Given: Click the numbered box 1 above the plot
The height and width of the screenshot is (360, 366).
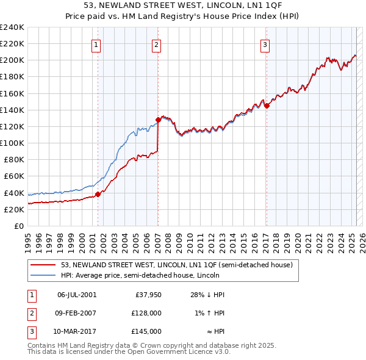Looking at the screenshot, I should (97, 44).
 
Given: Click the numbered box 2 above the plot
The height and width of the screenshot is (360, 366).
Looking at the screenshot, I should (157, 44).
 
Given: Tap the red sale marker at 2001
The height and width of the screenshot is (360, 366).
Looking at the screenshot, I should (98, 195).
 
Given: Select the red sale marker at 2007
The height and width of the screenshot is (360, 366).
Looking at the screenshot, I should (158, 120).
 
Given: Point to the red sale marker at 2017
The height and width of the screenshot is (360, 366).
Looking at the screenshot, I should (267, 106).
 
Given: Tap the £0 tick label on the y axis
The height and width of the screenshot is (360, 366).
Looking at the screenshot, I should (18, 226).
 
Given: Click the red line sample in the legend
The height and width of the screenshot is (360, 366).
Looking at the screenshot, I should (43, 265).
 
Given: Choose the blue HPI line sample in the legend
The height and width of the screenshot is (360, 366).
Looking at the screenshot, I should (43, 275).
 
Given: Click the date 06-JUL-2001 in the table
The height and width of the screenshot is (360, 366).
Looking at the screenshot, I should (76, 294).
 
